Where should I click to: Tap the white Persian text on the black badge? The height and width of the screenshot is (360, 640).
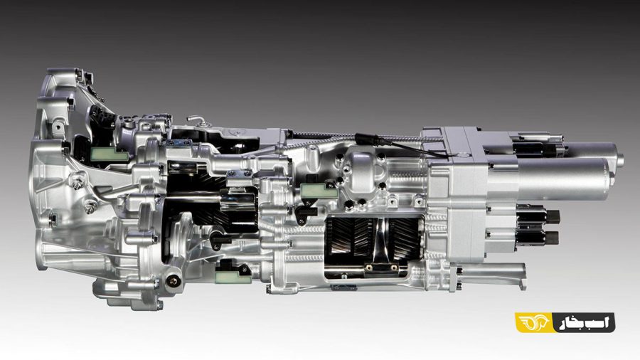[x=584, y=322]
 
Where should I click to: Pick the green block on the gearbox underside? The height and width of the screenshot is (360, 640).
[x=233, y=276]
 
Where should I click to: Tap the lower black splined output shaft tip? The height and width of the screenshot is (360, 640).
[x=553, y=236]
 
